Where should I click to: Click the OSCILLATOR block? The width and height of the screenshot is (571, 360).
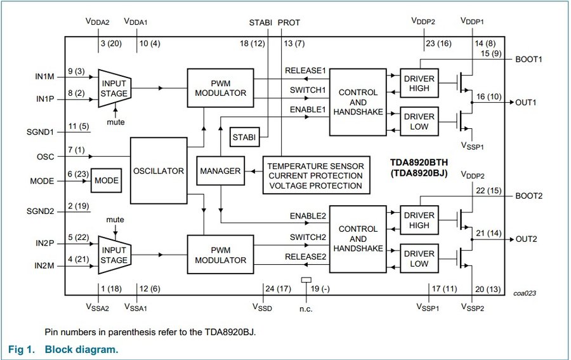(159, 171)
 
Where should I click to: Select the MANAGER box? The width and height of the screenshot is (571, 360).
(220, 171)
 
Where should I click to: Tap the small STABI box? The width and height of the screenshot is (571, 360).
(243, 137)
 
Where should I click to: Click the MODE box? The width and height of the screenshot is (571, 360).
(107, 180)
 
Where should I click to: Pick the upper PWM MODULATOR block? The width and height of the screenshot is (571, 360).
(220, 88)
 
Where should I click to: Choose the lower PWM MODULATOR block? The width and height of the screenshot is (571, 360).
(220, 255)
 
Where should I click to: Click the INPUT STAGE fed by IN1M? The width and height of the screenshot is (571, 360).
(114, 88)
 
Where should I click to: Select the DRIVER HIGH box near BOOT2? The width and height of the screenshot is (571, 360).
(419, 220)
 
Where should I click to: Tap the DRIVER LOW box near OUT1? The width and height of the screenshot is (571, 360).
(419, 121)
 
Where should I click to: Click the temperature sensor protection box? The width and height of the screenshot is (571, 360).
(316, 175)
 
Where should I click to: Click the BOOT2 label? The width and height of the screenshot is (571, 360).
(529, 196)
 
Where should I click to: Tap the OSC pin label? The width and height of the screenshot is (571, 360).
(46, 156)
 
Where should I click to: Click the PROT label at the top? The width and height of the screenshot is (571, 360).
(289, 22)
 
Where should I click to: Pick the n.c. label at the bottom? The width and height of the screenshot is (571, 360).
(307, 309)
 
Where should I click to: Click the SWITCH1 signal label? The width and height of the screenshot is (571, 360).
(308, 90)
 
